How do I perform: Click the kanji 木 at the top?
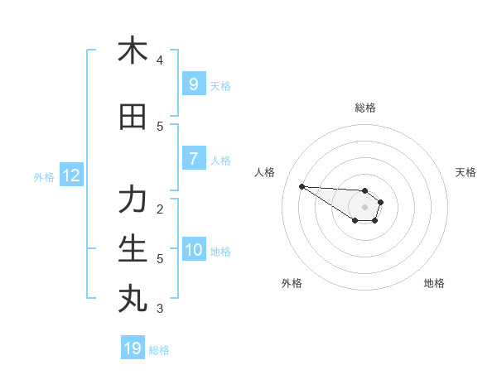coord(133,51)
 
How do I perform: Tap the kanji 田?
coord(133,118)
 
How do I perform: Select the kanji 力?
coord(133,201)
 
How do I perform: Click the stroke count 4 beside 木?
coord(160,60)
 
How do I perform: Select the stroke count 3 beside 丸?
coord(160,309)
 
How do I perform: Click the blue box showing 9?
coord(193,84)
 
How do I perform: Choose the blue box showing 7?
coord(193,159)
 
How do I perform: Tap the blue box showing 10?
coord(193,250)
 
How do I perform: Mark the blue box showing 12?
coord(70,175)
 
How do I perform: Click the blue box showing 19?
coord(133,348)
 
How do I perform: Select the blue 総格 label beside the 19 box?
coord(159,350)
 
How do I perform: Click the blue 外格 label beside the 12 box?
coord(44,176)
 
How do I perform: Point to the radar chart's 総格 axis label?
coord(365,108)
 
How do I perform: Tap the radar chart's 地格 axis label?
coord(434,283)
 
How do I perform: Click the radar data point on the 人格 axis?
coord(302,186)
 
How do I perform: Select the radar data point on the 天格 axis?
coord(380,202)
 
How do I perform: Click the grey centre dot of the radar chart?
coord(364,207)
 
